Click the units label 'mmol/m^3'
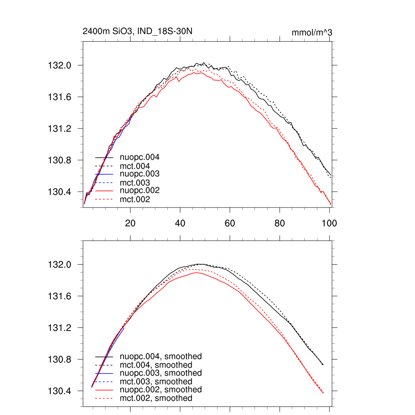(x=312, y=32)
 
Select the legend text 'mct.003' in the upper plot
(x=135, y=182)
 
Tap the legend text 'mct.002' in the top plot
(x=135, y=199)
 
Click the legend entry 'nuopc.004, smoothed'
(x=161, y=357)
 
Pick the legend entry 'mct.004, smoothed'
(x=156, y=365)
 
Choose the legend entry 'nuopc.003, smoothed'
(x=161, y=373)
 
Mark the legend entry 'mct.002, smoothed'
(x=156, y=398)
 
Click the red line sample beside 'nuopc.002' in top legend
(x=104, y=191)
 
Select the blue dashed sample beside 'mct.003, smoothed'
(x=104, y=382)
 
